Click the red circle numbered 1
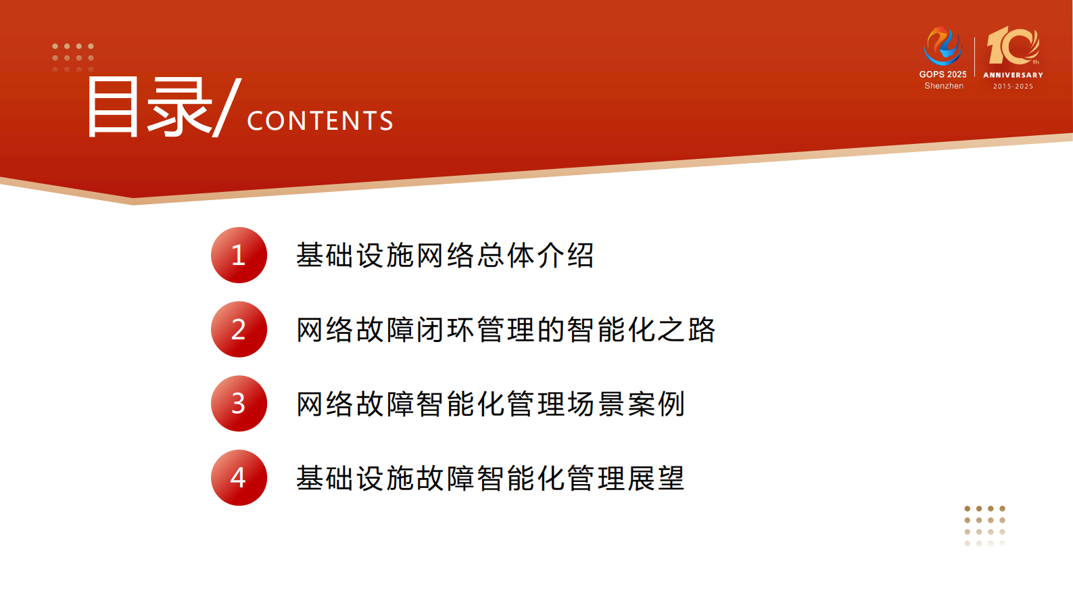click(x=239, y=256)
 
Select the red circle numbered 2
click(x=239, y=329)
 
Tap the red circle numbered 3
click(x=239, y=404)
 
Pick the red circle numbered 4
click(x=239, y=478)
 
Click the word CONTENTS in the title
click(x=320, y=121)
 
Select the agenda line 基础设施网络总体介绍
click(x=445, y=256)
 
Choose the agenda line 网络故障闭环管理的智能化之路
click(x=506, y=330)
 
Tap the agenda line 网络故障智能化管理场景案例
click(x=491, y=404)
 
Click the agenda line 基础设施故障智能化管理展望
click(x=490, y=479)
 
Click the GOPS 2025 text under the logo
click(x=943, y=74)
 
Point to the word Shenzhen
click(x=944, y=86)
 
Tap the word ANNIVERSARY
click(x=1013, y=75)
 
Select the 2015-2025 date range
click(x=1013, y=87)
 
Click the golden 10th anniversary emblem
click(x=1013, y=46)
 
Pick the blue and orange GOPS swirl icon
click(x=943, y=45)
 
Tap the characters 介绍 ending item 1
click(x=565, y=256)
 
